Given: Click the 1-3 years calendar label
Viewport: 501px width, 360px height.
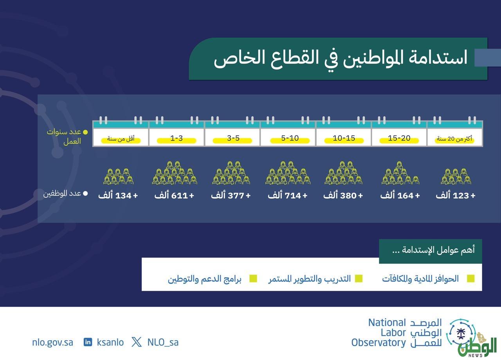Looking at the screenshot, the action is point(177,138).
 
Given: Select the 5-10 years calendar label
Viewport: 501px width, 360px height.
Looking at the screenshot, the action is point(290,138).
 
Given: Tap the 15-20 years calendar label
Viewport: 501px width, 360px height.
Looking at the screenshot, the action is point(399,138).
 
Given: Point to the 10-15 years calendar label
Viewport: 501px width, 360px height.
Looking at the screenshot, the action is point(344,138).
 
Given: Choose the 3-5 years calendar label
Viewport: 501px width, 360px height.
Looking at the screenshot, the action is point(233,138).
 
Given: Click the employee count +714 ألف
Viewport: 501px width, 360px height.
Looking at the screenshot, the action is point(288,195).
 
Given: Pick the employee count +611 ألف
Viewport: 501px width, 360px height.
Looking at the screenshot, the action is point(174,195).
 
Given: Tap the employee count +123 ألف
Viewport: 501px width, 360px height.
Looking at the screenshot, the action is point(456,195).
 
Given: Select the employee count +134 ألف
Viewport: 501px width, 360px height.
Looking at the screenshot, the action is point(118,195).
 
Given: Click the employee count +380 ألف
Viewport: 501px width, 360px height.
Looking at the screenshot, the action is point(343,195).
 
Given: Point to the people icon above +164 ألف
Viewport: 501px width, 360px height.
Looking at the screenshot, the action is point(400,173).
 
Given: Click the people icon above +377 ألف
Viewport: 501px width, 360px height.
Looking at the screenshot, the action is point(231,173).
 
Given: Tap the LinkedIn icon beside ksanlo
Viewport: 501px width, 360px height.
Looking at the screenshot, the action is point(88,342).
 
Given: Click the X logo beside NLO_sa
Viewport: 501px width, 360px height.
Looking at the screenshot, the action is point(137,342).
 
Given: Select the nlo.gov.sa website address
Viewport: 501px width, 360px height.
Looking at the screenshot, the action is point(52,342).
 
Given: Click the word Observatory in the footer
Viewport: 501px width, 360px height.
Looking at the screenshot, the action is point(378,342).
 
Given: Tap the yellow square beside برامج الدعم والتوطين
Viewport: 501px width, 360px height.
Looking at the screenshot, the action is point(253,279).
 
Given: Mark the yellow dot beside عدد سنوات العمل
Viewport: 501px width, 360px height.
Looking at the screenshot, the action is point(85,132).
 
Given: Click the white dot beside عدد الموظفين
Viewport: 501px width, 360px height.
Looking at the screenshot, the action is point(85,193).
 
